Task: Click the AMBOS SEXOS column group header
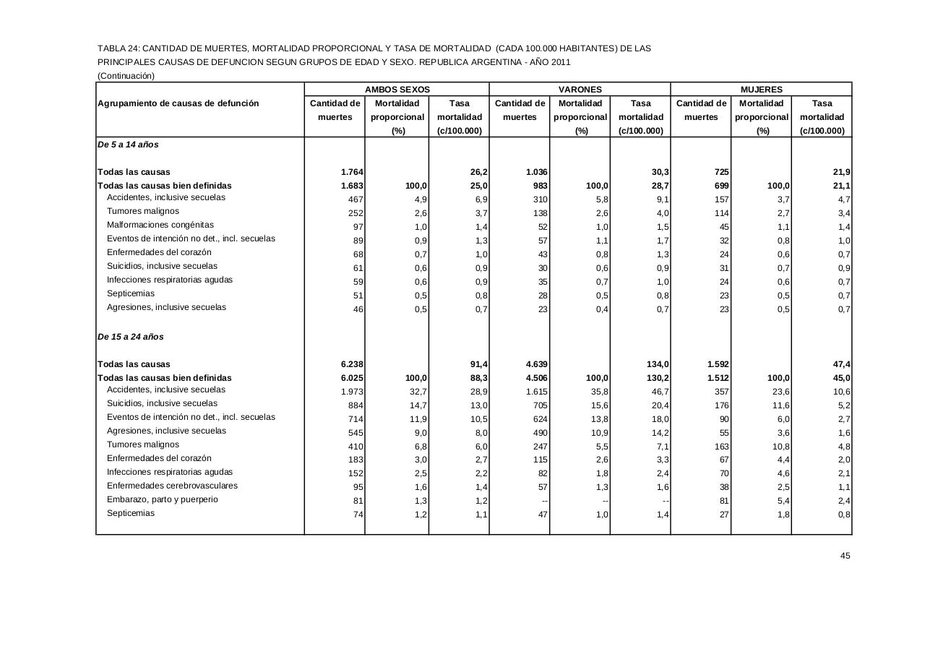click(x=397, y=90)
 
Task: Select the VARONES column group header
click(x=580, y=90)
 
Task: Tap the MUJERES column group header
click(x=761, y=90)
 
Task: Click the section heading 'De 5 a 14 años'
click(x=128, y=145)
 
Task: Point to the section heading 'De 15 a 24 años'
click(x=131, y=337)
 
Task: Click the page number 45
click(x=845, y=556)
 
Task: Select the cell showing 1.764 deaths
click(x=351, y=172)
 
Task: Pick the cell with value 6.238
click(x=351, y=364)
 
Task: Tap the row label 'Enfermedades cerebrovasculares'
click(x=172, y=486)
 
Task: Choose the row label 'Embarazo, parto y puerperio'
click(x=163, y=499)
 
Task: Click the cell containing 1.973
click(x=351, y=392)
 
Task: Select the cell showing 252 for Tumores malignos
click(x=354, y=213)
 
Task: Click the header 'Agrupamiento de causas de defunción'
click(x=178, y=103)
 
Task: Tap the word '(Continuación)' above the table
click(x=126, y=75)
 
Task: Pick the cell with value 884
click(x=354, y=405)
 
